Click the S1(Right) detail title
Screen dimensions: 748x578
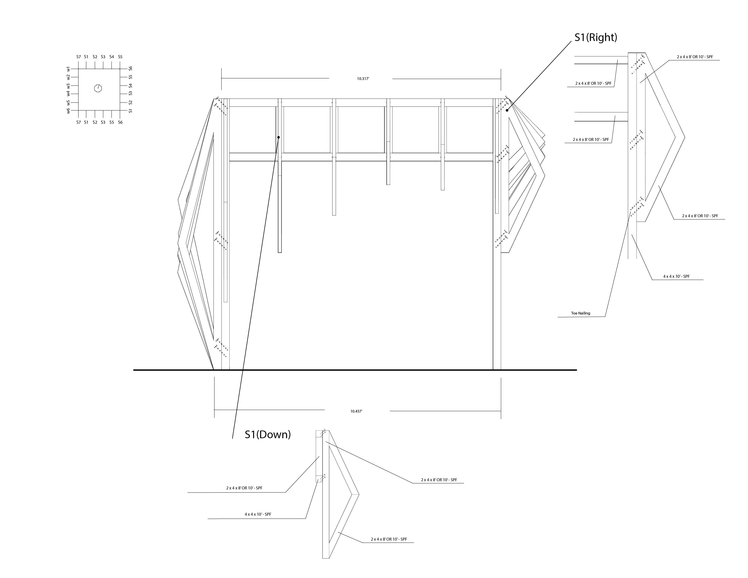(596, 37)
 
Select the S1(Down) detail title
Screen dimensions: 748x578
(267, 435)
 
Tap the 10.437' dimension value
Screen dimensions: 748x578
(356, 411)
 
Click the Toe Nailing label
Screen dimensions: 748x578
(580, 313)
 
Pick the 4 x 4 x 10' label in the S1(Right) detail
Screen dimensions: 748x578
(676, 276)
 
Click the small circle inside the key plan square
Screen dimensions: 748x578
(98, 88)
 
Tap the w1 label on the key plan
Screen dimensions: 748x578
(68, 69)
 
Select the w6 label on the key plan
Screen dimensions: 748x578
(68, 111)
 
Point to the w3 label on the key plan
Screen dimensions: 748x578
(68, 86)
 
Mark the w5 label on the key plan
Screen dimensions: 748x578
(68, 102)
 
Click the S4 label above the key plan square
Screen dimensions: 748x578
(112, 57)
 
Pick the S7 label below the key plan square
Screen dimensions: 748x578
(78, 122)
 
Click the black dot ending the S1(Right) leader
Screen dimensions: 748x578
(507, 110)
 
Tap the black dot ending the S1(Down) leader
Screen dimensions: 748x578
(278, 137)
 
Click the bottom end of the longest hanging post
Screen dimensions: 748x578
(280, 252)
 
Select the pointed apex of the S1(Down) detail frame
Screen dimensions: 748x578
(359, 494)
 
